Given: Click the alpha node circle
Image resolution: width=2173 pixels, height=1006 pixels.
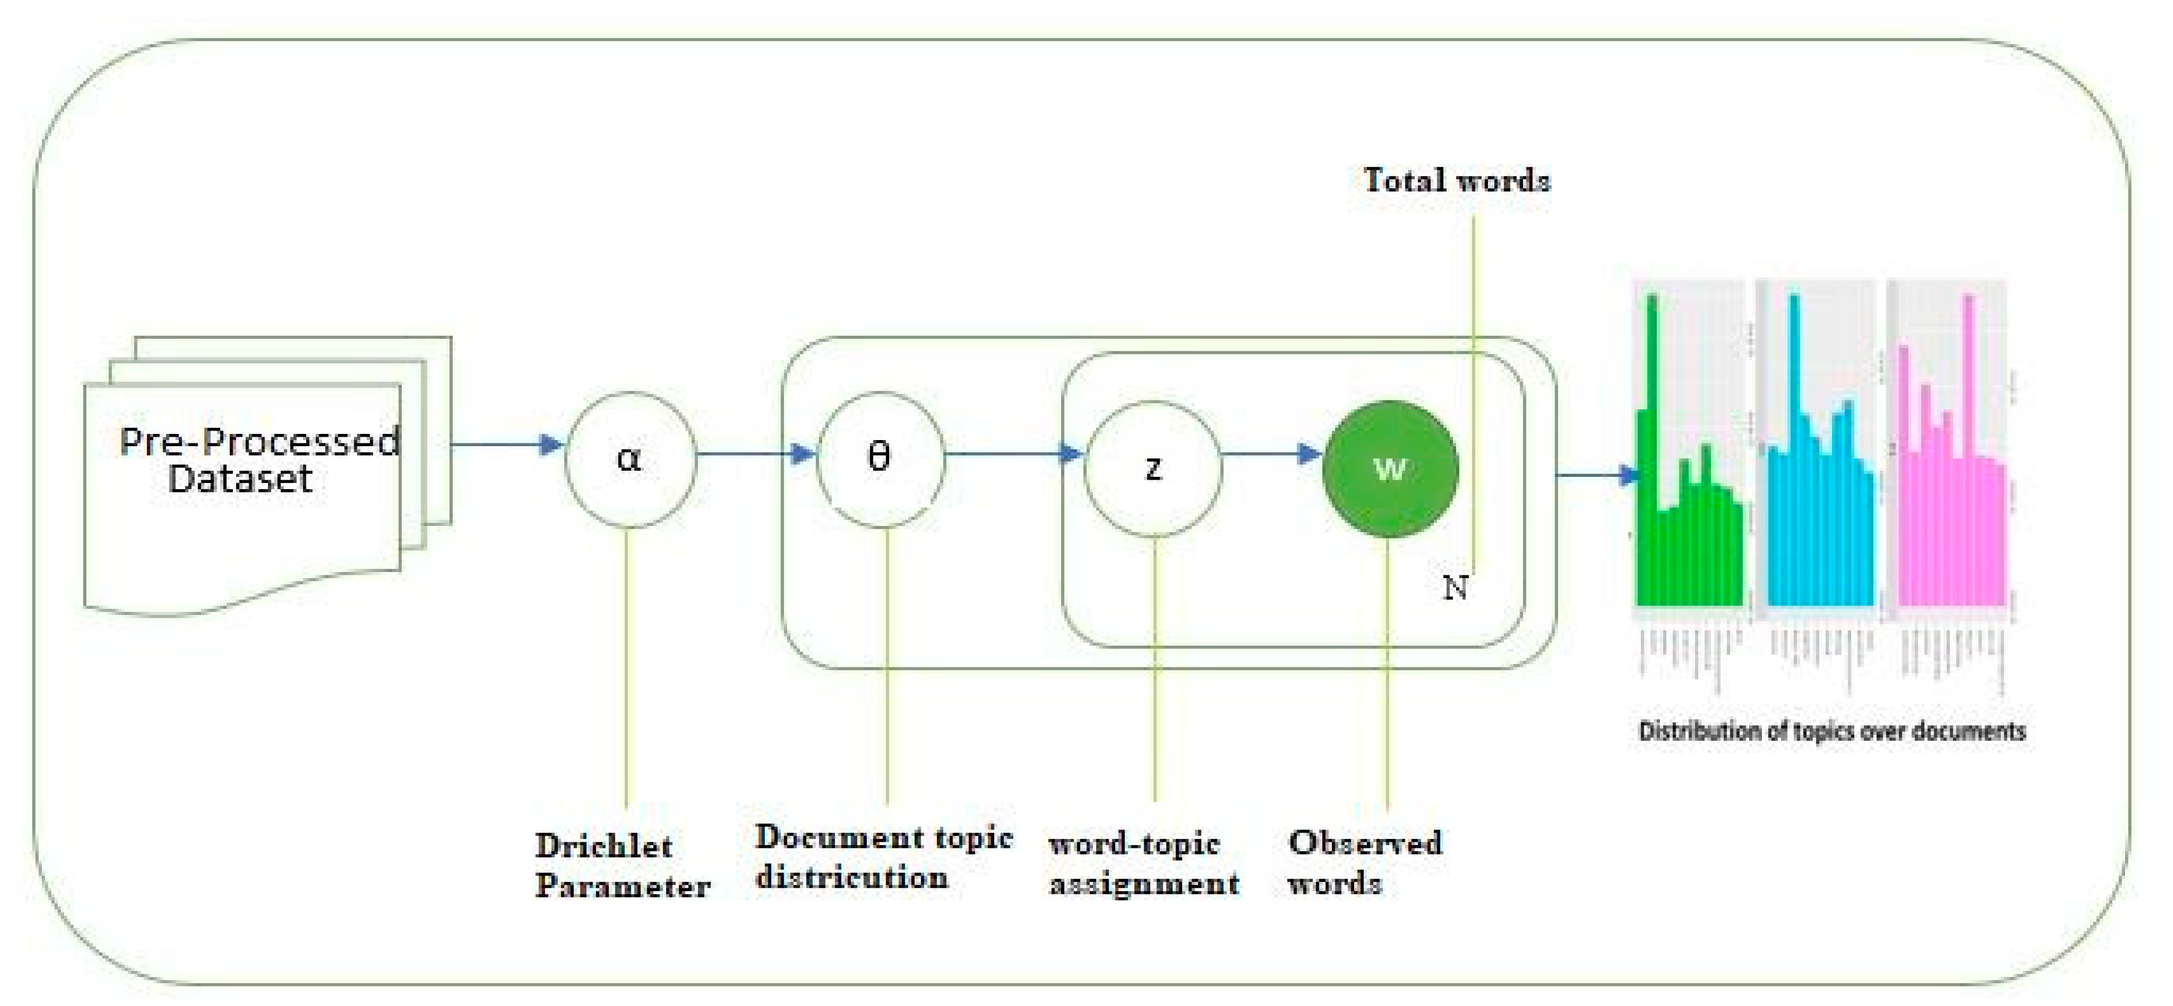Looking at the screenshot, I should point(630,460).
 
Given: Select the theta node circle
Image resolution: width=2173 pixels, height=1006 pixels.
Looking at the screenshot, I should point(880,460).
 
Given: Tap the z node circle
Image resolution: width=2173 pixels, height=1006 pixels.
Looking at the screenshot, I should point(1153,468).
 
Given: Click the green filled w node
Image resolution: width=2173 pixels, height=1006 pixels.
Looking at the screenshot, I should point(1389,468).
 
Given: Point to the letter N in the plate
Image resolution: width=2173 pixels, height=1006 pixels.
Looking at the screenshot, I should point(1455,588).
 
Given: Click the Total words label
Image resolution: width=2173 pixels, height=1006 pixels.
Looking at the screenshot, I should point(1457,180).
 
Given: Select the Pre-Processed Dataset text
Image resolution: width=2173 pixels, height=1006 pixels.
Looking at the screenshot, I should point(257,460).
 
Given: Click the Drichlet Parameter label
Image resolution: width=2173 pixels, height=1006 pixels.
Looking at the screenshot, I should point(622,866).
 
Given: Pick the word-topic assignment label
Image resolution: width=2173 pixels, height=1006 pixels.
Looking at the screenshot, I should point(1144,863).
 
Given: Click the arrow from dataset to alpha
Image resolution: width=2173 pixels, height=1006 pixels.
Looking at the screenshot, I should point(506,445).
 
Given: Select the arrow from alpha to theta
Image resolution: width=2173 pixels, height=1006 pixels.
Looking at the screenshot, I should point(755,455).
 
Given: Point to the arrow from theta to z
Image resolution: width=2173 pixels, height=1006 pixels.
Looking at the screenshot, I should point(1012,455).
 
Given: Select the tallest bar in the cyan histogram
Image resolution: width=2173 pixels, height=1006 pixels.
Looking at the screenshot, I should point(1794,447).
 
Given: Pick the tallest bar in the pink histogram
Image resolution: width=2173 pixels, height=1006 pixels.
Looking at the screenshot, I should point(1970,447).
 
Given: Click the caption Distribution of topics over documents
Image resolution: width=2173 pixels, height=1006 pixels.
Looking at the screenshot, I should point(1832,731).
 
